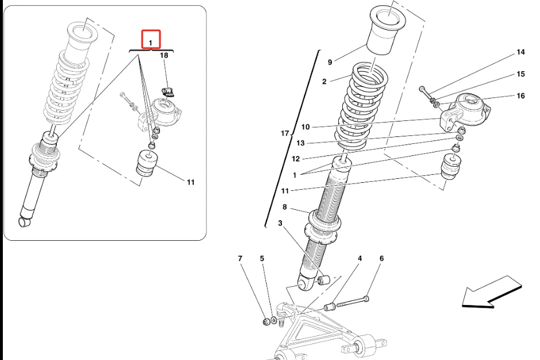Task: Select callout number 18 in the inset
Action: tap(165, 56)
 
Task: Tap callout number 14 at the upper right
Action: tap(521, 53)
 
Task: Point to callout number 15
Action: tap(521, 75)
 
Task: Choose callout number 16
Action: tap(521, 96)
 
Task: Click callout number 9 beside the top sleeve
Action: tap(330, 62)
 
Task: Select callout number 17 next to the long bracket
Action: tap(285, 134)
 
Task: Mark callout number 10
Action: tap(305, 127)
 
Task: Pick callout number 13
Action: tap(300, 143)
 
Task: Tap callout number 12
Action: tap(296, 159)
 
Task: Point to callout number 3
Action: tap(281, 223)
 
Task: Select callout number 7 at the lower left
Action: tap(240, 259)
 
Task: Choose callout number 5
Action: tap(262, 259)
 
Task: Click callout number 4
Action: tap(360, 259)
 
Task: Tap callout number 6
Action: tap(381, 259)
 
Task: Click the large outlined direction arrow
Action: tap(492, 292)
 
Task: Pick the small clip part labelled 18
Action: tap(166, 92)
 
